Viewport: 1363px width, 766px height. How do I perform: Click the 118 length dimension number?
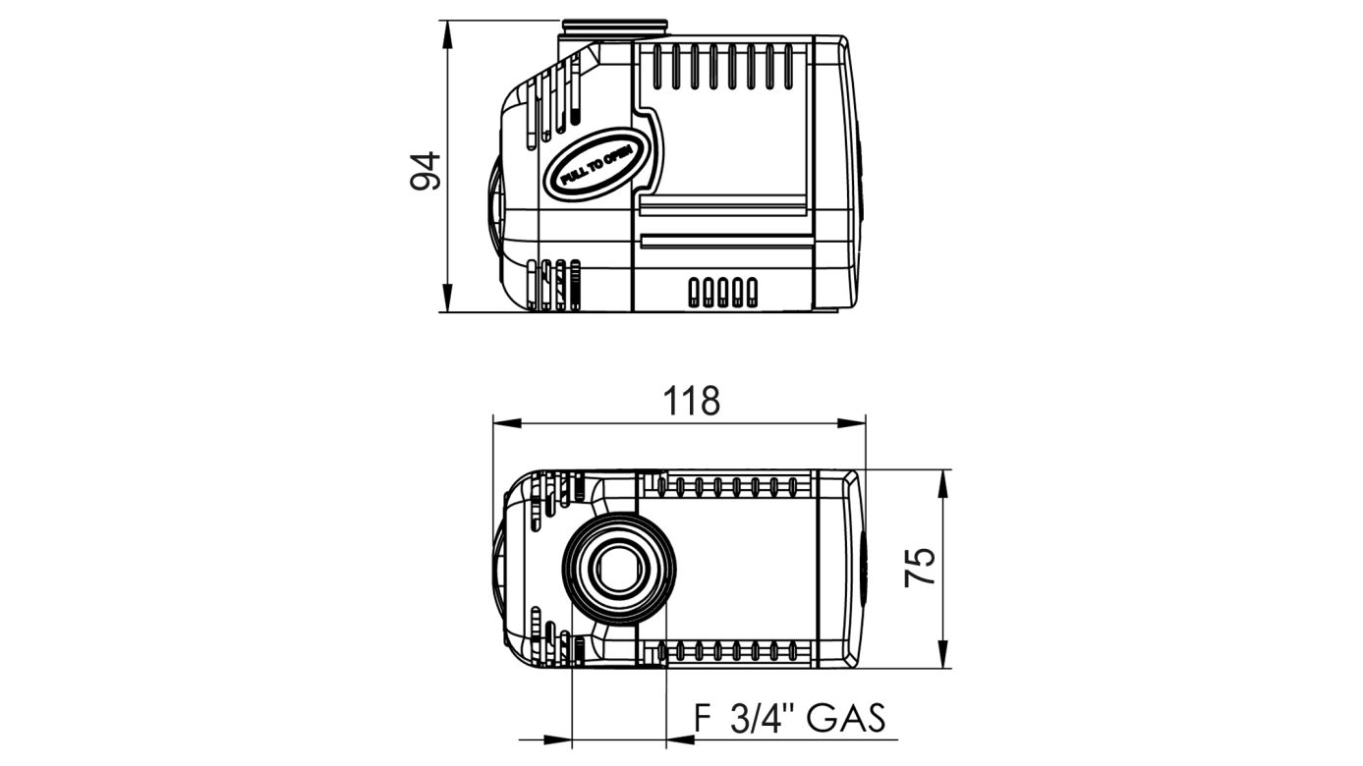coord(691,401)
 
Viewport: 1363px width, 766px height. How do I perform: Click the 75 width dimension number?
coord(920,568)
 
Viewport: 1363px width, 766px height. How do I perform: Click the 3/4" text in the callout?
coord(762,719)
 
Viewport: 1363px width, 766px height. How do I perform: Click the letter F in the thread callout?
coord(702,719)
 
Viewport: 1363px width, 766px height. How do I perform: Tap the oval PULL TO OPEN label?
coord(596,164)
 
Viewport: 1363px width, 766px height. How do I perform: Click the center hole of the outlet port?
coord(620,569)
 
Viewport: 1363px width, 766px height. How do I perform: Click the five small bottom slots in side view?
coord(723,292)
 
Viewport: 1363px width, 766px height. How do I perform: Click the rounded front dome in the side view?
coord(494,201)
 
